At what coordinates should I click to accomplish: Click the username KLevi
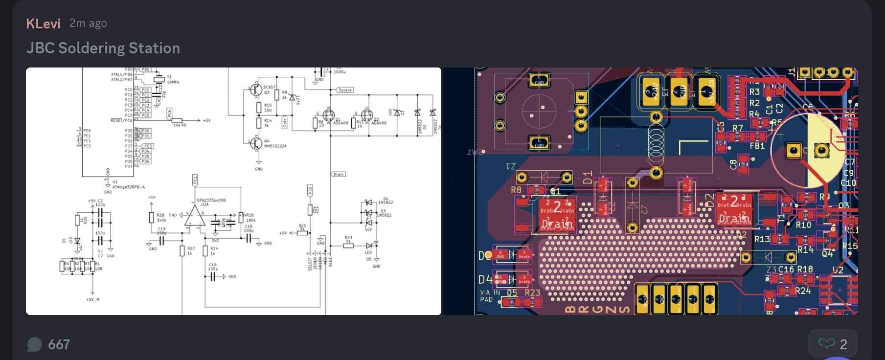point(43,23)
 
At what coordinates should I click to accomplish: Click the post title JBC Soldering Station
point(103,48)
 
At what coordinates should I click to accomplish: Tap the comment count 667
point(59,344)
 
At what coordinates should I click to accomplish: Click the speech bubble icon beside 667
point(34,344)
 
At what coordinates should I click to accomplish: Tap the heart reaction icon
point(826,344)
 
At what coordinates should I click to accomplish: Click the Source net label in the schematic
point(345,90)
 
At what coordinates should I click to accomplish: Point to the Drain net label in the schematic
point(339,174)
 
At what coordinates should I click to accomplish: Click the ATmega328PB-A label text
point(129,187)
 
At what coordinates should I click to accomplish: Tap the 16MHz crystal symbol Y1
point(159,79)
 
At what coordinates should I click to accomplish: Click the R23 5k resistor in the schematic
point(348,245)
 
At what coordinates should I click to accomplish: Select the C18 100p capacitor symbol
point(213,277)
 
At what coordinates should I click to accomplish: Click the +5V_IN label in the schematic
point(92,299)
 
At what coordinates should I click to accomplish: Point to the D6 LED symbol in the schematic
point(77,241)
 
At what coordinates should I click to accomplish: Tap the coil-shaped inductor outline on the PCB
point(656,145)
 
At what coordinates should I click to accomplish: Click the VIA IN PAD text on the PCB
point(490,296)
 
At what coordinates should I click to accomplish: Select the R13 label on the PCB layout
point(762,239)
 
